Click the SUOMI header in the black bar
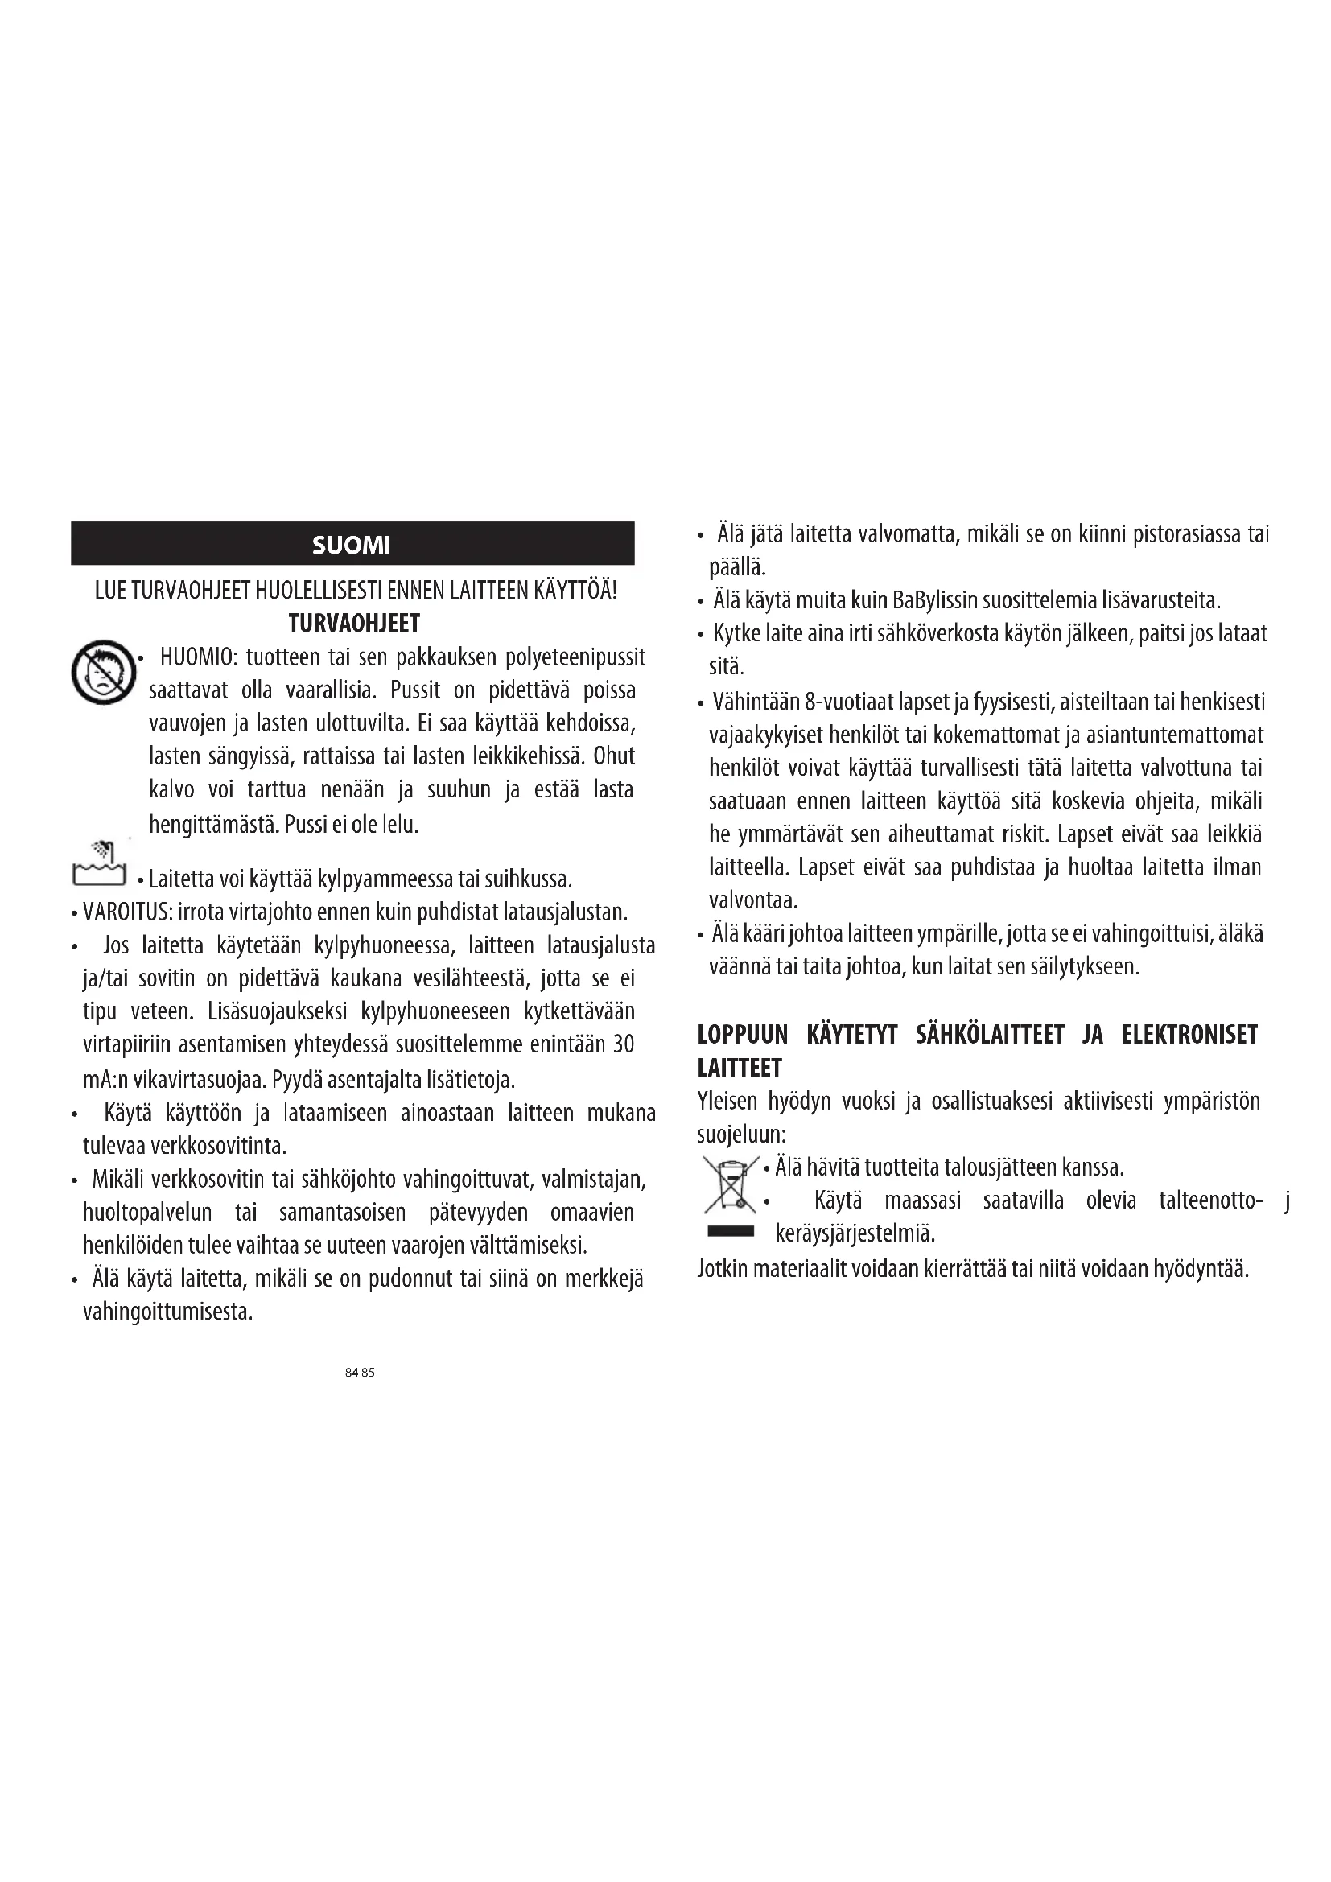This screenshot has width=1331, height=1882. coord(352,545)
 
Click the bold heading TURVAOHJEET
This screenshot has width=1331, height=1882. coord(354,624)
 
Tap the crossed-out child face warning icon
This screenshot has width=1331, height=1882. coord(102,672)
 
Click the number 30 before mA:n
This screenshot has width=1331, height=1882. coord(624,1045)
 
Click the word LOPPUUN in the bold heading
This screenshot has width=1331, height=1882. coord(743,1036)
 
